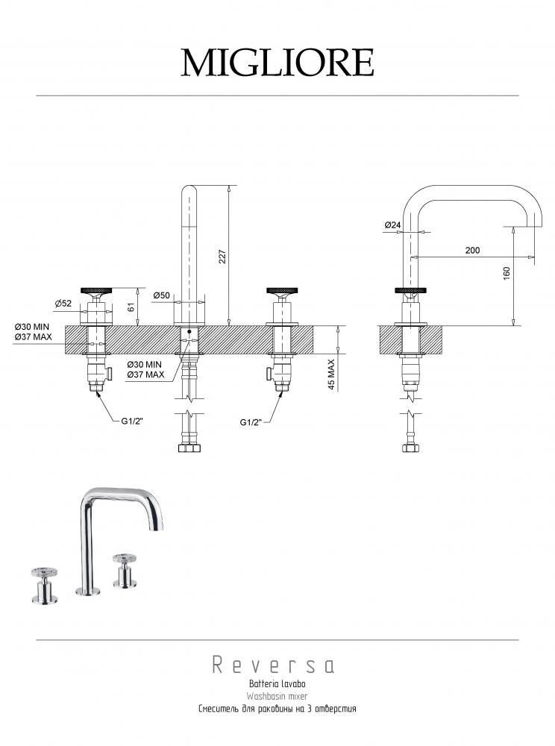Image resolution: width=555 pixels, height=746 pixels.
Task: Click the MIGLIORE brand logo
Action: (277, 63)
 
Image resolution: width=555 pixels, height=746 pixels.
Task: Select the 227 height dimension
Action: (222, 257)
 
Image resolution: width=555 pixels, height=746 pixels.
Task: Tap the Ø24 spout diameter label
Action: (392, 225)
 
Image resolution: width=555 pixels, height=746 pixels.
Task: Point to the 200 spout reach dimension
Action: (472, 250)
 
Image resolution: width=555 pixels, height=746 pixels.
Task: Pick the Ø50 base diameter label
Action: (162, 295)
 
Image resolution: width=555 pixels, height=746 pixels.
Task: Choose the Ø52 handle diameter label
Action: (63, 303)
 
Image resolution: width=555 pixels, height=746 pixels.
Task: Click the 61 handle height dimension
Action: (131, 307)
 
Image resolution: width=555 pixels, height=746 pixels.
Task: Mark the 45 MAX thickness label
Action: (331, 374)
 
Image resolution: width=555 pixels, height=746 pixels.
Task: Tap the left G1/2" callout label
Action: (132, 421)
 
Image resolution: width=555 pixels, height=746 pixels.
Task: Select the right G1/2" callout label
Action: (251, 422)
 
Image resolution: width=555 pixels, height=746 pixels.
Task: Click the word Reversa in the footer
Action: (273, 665)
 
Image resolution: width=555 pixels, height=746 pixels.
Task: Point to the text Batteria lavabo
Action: (277, 683)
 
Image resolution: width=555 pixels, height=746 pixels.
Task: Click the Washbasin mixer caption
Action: (277, 696)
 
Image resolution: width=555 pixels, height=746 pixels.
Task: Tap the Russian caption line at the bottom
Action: (277, 709)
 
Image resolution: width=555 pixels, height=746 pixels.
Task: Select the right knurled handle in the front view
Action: (282, 289)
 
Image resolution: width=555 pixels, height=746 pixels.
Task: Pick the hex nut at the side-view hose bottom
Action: (411, 448)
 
